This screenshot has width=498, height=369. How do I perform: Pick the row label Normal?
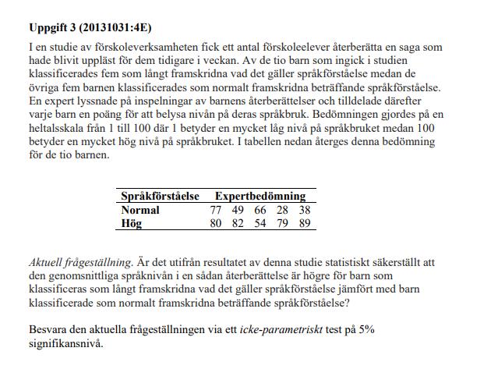tap(140, 210)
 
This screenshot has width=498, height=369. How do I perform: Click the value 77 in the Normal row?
tap(217, 210)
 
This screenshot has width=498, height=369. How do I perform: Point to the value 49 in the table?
tap(238, 210)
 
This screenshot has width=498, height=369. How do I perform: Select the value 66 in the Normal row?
tap(260, 210)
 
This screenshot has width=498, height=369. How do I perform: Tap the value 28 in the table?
tap(282, 210)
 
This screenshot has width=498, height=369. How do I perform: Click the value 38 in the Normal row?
tap(304, 210)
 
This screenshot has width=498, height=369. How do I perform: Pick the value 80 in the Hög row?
tap(217, 222)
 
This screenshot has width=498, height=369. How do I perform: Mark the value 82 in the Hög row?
tap(238, 222)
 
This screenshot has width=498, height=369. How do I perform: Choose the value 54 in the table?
tap(260, 222)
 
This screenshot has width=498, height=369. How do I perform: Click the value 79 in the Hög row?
tap(282, 222)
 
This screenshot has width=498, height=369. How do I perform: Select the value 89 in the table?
tap(304, 222)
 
